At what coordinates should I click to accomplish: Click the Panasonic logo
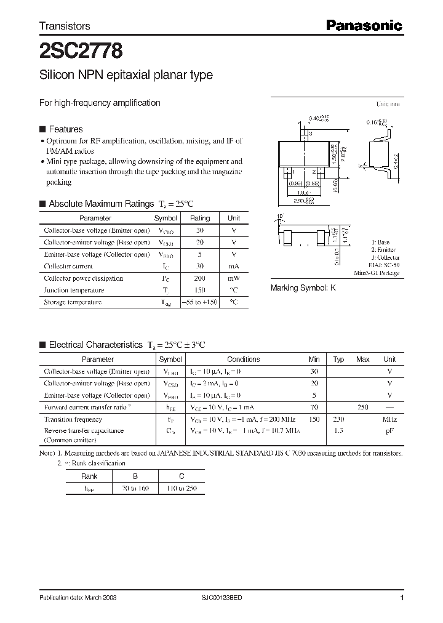click(364, 25)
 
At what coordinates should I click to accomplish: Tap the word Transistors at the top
click(65, 26)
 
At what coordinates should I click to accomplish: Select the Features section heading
click(65, 129)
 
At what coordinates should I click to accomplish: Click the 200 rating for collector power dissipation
click(199, 278)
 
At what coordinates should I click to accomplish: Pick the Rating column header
click(199, 218)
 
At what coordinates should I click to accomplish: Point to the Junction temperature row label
click(74, 290)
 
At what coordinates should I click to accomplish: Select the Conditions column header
click(243, 360)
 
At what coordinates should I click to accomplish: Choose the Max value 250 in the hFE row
click(363, 407)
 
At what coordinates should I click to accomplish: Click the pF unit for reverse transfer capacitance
click(389, 431)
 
